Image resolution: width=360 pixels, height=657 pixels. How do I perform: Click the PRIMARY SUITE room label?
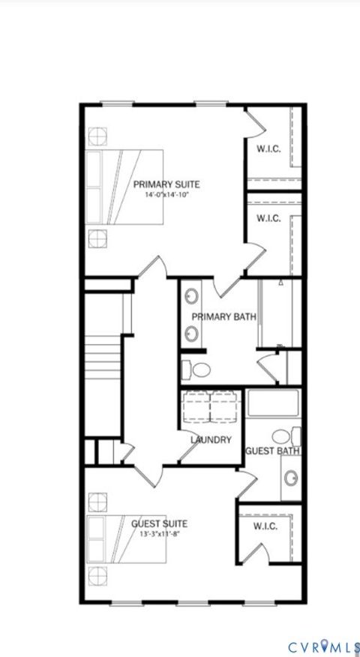coord(166,184)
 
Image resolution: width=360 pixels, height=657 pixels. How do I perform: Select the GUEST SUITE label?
coord(159,523)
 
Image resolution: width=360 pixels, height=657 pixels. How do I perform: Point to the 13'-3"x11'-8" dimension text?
coord(159,534)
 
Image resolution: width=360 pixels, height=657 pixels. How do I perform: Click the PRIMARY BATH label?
coord(223,317)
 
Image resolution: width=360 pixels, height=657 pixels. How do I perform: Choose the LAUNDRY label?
coord(211,440)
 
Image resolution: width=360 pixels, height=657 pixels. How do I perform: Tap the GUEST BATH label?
coord(273,451)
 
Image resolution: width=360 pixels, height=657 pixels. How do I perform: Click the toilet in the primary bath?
coord(198,370)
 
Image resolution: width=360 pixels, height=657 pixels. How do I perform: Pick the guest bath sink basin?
coord(291,477)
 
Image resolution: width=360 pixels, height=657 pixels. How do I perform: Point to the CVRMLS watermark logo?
coord(322,646)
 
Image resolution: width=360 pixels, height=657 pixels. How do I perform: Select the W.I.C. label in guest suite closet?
coord(265,526)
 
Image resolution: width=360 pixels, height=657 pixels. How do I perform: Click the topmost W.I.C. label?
coord(268,148)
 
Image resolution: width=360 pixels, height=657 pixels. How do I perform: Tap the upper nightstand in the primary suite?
coord(97,136)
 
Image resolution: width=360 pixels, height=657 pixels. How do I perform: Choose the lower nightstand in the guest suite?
coord(97,576)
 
